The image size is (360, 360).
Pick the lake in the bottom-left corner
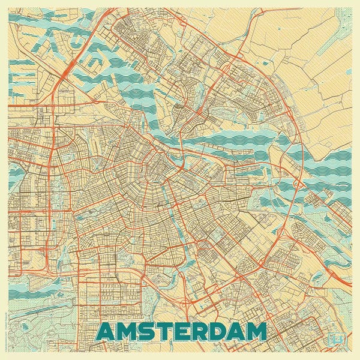(24, 300)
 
